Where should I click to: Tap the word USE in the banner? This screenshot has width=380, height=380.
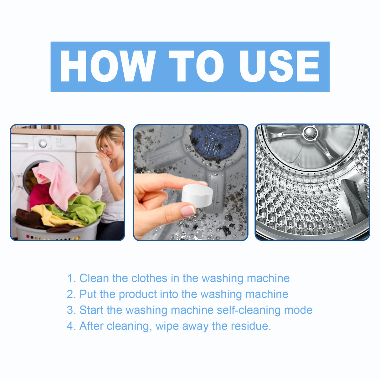[279, 66]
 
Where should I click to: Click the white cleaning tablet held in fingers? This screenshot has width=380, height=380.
[197, 194]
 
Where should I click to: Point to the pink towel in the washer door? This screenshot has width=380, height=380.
[56, 182]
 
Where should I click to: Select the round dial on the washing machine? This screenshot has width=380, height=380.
[43, 144]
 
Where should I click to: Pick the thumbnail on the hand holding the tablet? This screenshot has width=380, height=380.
[188, 211]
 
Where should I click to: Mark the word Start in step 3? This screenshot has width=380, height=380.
[91, 310]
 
